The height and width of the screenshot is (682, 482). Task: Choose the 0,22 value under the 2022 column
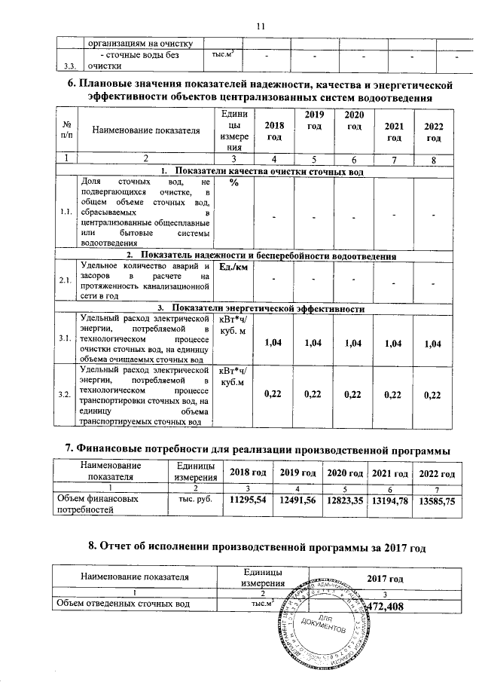(x=432, y=394)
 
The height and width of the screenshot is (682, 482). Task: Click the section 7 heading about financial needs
(x=258, y=450)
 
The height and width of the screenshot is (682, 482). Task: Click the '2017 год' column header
(x=385, y=577)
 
